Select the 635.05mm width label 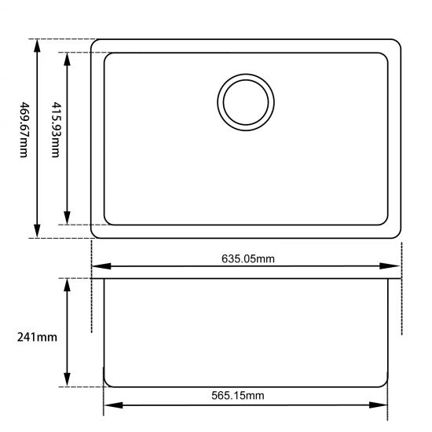[x=247, y=258]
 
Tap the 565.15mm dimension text [x=238, y=395]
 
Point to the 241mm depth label [x=36, y=337]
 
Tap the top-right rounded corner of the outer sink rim [x=398, y=43]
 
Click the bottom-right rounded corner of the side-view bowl [x=385, y=383]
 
